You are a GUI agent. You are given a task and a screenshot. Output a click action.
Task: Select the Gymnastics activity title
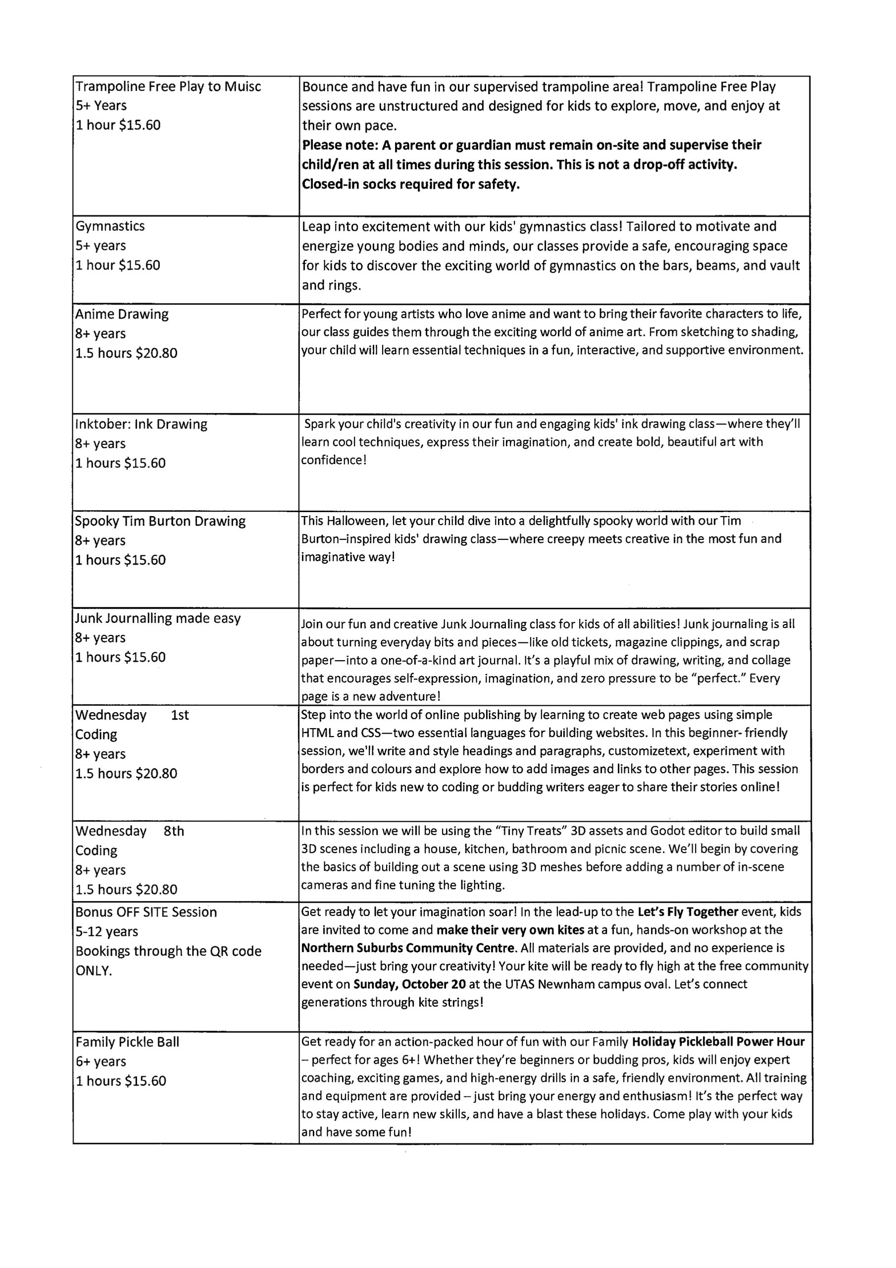pyautogui.click(x=110, y=226)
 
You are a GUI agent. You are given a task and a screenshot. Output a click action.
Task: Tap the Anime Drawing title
pyautogui.click(x=122, y=314)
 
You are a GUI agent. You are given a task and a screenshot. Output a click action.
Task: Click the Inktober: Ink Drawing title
pyautogui.click(x=141, y=424)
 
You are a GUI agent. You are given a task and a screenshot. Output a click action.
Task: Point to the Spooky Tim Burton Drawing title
pyautogui.click(x=160, y=522)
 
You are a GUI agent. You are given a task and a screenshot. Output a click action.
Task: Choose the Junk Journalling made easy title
pyautogui.click(x=158, y=618)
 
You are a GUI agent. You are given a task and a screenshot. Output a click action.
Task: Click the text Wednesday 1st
pyautogui.click(x=132, y=715)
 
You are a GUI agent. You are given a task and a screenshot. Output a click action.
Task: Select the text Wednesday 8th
pyautogui.click(x=130, y=831)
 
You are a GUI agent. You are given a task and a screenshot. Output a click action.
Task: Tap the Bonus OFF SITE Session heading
pyautogui.click(x=147, y=912)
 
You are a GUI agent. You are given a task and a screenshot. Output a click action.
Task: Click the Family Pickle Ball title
pyautogui.click(x=128, y=1042)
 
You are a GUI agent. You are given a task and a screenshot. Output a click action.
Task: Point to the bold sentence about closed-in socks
pyautogui.click(x=411, y=184)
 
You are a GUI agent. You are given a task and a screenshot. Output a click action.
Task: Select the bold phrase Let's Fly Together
pyautogui.click(x=687, y=912)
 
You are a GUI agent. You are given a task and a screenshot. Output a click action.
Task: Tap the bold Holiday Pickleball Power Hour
pyautogui.click(x=718, y=1042)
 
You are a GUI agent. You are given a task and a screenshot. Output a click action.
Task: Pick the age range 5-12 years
pyautogui.click(x=106, y=932)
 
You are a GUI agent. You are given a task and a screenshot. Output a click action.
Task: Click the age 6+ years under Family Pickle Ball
pyautogui.click(x=101, y=1061)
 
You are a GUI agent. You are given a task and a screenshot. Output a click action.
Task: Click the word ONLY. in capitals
pyautogui.click(x=94, y=970)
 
